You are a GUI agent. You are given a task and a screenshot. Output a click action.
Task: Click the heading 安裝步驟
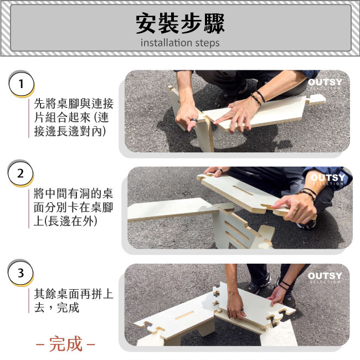click(x=180, y=23)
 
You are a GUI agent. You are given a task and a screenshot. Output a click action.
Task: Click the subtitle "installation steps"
click(x=180, y=43)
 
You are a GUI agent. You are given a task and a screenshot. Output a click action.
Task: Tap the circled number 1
click(x=22, y=84)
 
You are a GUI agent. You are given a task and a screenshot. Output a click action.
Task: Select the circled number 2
click(x=20, y=173)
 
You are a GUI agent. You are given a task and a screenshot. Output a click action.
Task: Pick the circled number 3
click(x=20, y=273)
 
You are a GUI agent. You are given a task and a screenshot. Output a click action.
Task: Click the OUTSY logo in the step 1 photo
click(x=325, y=83)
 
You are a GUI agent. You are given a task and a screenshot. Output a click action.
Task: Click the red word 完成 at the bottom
click(x=66, y=344)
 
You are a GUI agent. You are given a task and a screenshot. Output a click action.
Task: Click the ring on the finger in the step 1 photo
click(x=194, y=121)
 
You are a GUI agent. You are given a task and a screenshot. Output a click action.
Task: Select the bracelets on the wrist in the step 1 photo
click(x=259, y=97)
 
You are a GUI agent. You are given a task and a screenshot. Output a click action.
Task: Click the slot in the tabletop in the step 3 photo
click(x=184, y=316)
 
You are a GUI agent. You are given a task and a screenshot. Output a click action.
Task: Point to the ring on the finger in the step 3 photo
click(x=242, y=310)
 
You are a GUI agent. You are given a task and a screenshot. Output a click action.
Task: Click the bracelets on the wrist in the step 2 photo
click(x=308, y=193)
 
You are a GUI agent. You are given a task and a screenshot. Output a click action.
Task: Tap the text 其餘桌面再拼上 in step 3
click(x=74, y=294)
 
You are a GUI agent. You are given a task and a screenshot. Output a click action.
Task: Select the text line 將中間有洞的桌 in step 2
click(x=74, y=193)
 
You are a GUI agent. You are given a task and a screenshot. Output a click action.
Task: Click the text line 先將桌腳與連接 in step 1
click(x=74, y=104)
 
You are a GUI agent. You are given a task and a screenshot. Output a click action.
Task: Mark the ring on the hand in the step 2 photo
click(x=220, y=171)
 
